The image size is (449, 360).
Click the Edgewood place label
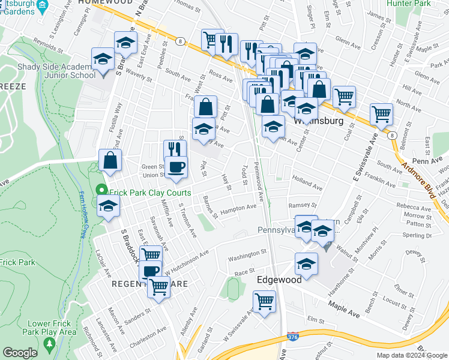tap(279, 280)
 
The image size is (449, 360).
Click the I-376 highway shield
tap(292, 339)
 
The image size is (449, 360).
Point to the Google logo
tap(20, 352)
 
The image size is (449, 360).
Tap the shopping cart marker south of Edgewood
tap(264, 301)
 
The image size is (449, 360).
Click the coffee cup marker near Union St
tap(176, 167)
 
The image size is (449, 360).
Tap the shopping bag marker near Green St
tap(110, 160)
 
